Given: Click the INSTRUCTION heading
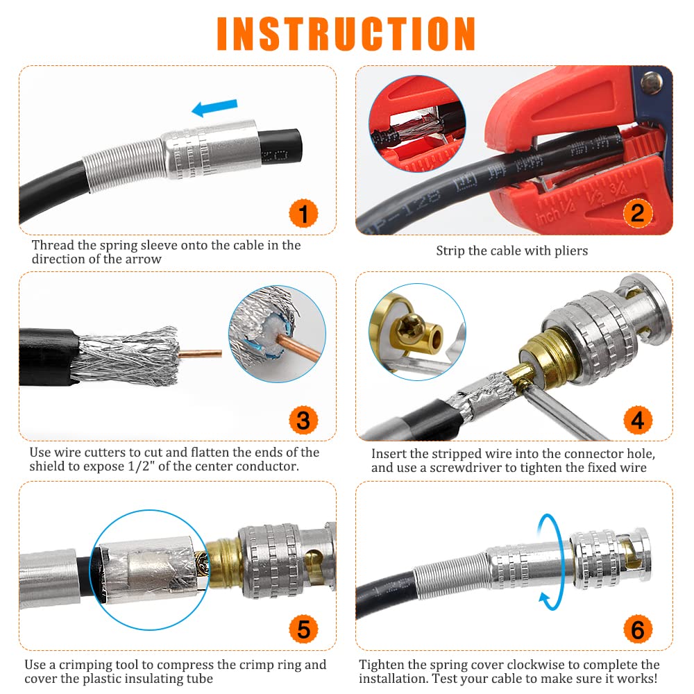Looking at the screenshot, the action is tap(346, 34).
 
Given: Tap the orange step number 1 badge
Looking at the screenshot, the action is tap(304, 213).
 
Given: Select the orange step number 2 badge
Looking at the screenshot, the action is tap(638, 213).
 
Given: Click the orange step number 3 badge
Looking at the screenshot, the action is tap(304, 421).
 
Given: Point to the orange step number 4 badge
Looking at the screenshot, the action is tap(638, 420).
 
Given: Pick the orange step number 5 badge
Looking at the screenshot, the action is tap(304, 629).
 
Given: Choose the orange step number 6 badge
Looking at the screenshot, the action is tap(638, 629).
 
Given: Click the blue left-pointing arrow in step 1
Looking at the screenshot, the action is tap(214, 108).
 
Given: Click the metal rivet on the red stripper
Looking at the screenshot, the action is tap(652, 83).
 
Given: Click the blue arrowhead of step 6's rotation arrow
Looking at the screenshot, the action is tap(545, 600).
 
